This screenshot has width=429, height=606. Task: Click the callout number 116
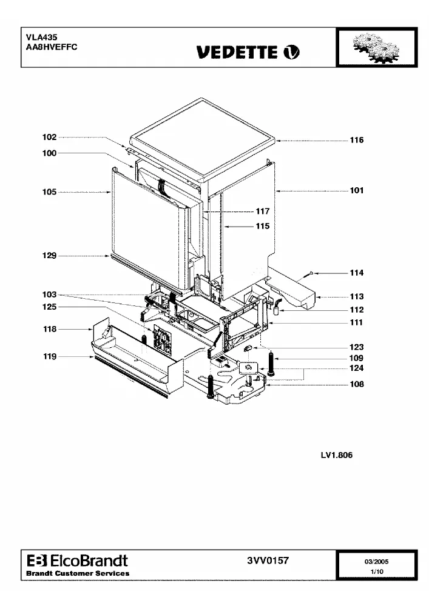coord(357,140)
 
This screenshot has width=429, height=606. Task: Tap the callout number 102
coord(50,137)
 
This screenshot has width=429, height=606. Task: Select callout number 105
coord(50,192)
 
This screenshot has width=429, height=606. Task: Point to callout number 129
coord(50,256)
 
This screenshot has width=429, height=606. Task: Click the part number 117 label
coord(263,211)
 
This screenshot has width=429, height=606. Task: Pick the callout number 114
coord(357,273)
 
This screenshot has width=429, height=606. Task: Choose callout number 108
coord(357,384)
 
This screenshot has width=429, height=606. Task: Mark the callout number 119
coord(50,357)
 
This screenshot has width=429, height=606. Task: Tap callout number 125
coord(50,307)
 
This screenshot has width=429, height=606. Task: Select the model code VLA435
coord(42,38)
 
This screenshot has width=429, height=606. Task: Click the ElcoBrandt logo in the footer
coord(78,561)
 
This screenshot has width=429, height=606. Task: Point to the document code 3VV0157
coord(268,561)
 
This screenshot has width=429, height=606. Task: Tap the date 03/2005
coord(376,562)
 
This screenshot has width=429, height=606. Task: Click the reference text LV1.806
coord(337,455)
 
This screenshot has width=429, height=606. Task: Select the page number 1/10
coord(377,571)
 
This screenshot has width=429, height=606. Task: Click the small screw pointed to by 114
coord(311,274)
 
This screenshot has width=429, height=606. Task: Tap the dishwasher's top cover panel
coord(202,140)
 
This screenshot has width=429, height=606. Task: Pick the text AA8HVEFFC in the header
coord(52,47)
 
